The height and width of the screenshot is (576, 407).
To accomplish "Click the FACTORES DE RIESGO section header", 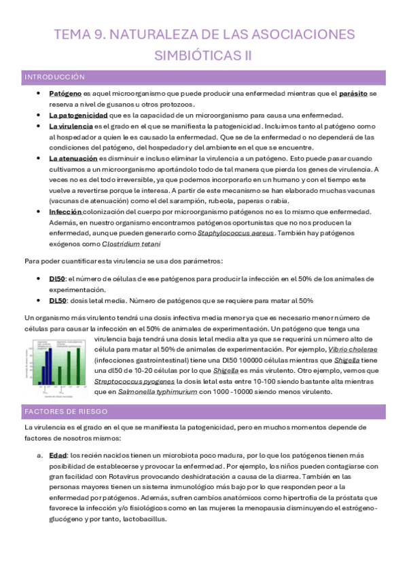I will (66, 412).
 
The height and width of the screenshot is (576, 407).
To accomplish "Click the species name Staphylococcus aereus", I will (236, 233).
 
